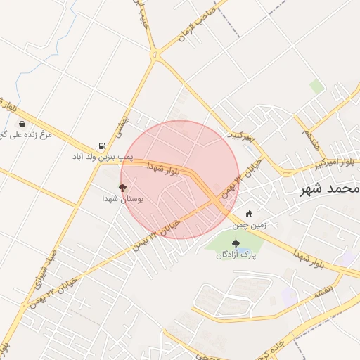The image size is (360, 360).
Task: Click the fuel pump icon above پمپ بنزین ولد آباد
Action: click(x=103, y=146)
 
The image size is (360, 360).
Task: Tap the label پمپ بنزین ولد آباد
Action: click(x=103, y=156)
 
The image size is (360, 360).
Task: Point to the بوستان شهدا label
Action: click(x=123, y=199)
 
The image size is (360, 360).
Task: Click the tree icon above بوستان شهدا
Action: click(x=123, y=188)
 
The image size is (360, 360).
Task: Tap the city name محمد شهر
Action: click(x=330, y=188)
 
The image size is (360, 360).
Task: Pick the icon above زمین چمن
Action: click(x=249, y=214)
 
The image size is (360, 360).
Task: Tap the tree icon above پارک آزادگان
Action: click(x=235, y=243)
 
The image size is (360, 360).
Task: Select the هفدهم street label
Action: click(x=309, y=131)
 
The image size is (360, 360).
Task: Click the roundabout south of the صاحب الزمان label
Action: click(x=155, y=53)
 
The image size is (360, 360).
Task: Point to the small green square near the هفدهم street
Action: click(x=317, y=86)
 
